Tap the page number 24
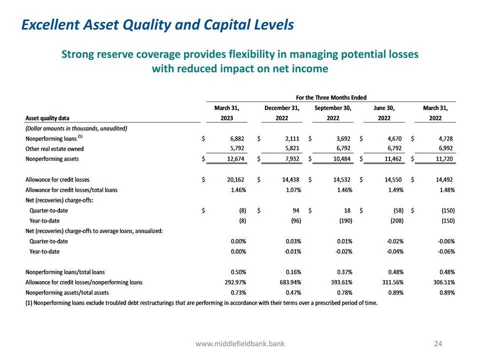pyautogui.click(x=438, y=343)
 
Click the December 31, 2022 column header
pyautogui.click(x=281, y=113)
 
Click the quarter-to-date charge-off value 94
pyautogui.click(x=295, y=210)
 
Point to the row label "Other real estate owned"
pyautogui.click(x=54, y=149)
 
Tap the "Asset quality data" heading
pyautogui.click(x=47, y=118)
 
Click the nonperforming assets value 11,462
pyautogui.click(x=392, y=159)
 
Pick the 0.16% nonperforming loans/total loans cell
pyautogui.click(x=291, y=272)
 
